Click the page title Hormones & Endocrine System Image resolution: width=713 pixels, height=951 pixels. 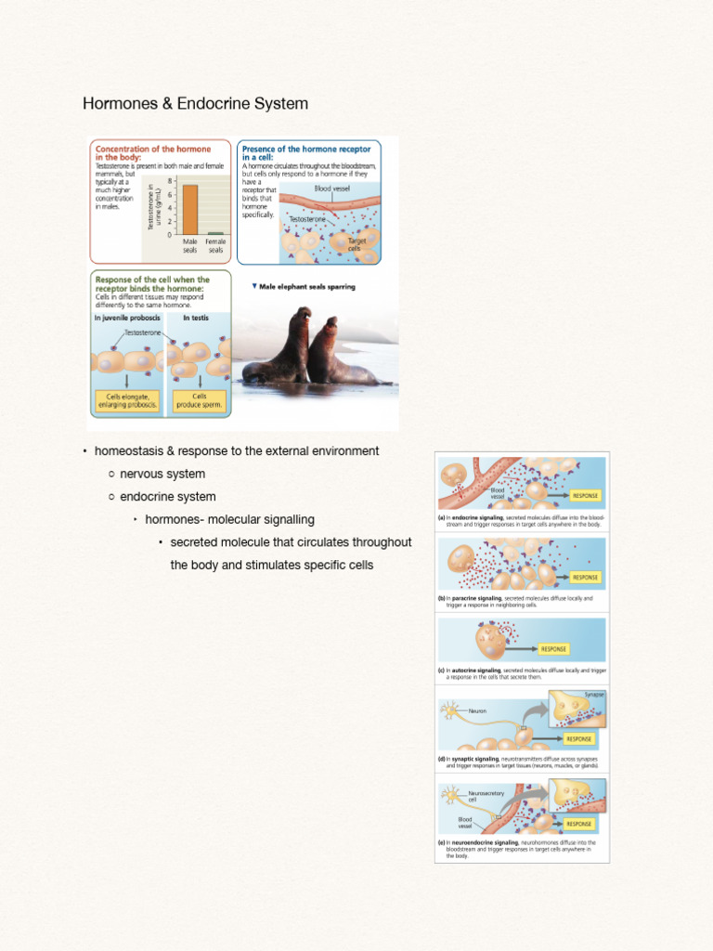pos(195,104)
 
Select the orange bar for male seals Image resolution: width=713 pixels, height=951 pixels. pos(189,210)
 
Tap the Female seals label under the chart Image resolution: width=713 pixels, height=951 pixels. pos(215,245)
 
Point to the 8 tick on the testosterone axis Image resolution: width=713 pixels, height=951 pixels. pos(170,181)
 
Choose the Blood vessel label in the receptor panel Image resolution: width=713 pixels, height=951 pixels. pos(331,189)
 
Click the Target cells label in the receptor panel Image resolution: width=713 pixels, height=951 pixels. pos(356,244)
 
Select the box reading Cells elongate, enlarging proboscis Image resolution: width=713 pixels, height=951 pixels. pos(127,400)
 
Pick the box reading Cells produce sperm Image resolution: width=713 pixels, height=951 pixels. pos(200,400)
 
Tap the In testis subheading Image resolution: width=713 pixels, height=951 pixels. pos(196,318)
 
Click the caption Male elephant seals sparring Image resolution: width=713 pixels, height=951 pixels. pos(306,287)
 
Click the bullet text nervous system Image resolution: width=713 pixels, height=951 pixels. pos(162,475)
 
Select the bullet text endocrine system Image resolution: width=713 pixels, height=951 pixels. pos(168,497)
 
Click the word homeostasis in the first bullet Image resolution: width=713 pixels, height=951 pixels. pos(129,451)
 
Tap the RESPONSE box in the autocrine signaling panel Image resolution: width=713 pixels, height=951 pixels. pos(553,649)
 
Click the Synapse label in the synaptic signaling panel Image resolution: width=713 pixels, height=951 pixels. pos(594,695)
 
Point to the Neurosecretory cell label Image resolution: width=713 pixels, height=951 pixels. pos(486,796)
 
